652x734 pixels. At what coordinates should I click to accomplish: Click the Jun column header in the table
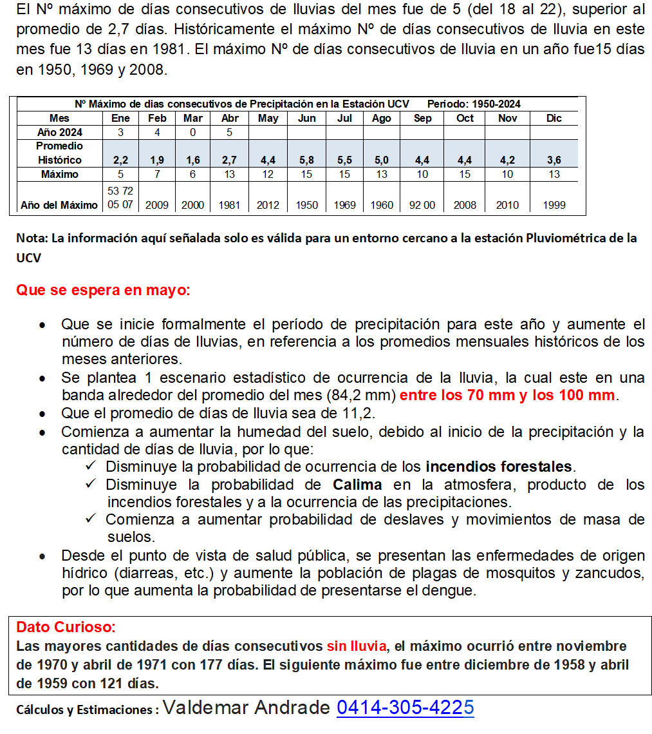coord(307,119)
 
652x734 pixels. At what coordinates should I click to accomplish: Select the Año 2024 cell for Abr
coord(230,133)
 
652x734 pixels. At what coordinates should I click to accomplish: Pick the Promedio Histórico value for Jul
coord(345,160)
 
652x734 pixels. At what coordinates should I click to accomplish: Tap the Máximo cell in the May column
coord(268,175)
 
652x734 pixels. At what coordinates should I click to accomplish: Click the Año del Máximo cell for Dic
coord(554,205)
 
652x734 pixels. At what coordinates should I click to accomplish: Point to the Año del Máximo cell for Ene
coord(120,198)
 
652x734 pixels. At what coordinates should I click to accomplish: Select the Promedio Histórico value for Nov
coord(507,160)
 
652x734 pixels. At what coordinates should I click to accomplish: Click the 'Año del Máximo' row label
coord(59,205)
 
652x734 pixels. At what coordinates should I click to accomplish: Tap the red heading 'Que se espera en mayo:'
coord(103,290)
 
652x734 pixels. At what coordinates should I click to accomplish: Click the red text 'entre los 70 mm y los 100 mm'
coord(507,396)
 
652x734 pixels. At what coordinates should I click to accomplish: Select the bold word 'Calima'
coord(357,485)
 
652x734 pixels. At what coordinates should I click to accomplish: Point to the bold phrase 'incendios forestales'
coord(499,467)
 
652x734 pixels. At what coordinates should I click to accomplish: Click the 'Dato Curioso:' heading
coord(66,627)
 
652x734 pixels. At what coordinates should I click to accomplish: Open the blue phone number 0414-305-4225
coord(405,708)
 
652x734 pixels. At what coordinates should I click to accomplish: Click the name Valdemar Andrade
coord(247,708)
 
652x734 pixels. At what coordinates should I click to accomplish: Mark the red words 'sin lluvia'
coord(357,646)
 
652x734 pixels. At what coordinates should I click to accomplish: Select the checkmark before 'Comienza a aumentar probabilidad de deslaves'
coord(91,519)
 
